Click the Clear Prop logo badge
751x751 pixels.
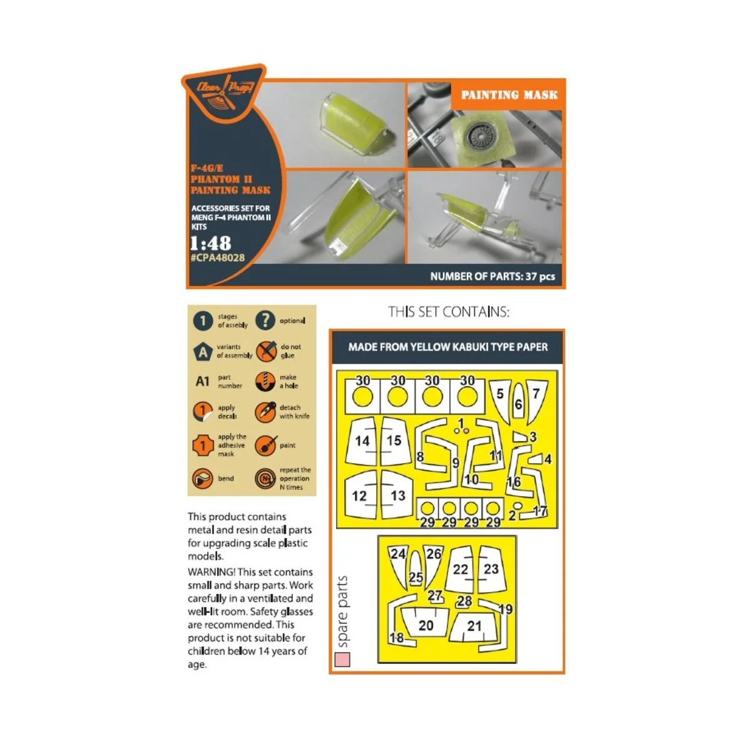[223, 93]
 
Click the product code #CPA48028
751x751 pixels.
[217, 258]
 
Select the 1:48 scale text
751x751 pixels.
[210, 243]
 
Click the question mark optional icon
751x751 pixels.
[265, 320]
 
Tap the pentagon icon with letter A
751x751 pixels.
[203, 352]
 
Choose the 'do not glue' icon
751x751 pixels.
[266, 351]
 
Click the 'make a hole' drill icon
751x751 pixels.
[265, 382]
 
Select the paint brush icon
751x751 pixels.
[265, 446]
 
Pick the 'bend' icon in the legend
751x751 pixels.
[203, 478]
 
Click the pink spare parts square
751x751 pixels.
[342, 660]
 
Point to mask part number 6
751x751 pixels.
[518, 401]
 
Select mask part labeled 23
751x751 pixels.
[491, 570]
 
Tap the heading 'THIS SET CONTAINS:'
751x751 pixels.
[449, 312]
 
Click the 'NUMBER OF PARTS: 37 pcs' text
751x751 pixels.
[493, 277]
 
